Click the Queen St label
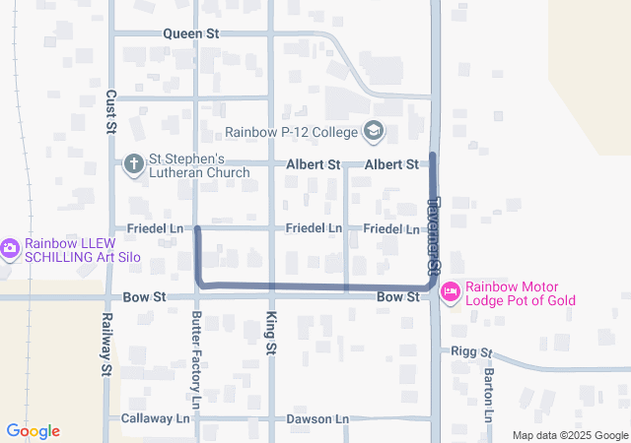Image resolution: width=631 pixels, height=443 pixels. [x=191, y=33]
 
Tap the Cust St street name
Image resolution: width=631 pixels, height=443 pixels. [x=111, y=112]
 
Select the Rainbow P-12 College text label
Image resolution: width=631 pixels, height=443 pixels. [x=291, y=131]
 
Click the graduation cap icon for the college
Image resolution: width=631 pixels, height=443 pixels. [x=374, y=131]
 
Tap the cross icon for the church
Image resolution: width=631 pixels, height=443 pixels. [x=133, y=163]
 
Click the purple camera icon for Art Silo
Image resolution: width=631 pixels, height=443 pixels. [x=10, y=248]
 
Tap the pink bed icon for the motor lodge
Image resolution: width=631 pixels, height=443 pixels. [x=451, y=291]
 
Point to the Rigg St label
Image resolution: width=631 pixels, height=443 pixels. [x=470, y=350]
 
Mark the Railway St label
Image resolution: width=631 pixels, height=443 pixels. [x=105, y=345]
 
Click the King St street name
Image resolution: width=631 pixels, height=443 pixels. [x=271, y=333]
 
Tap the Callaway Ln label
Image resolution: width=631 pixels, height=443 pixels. [x=155, y=418]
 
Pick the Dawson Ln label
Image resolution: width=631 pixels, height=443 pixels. [x=317, y=418]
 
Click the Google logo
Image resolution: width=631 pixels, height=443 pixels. [x=33, y=431]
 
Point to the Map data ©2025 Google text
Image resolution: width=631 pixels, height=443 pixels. [x=570, y=435]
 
